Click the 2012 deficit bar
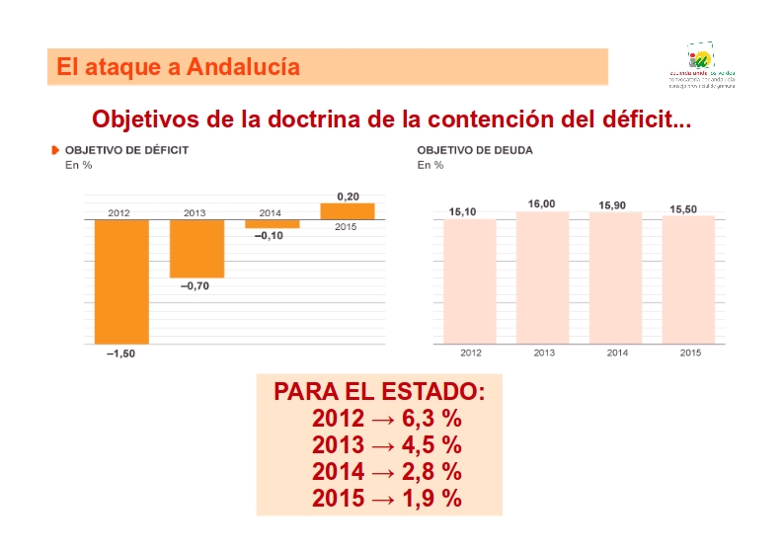(121, 281)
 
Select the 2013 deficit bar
(196, 248)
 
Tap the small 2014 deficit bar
(271, 224)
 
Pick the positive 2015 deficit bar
(347, 210)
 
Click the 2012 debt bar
(469, 281)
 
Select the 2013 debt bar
(542, 277)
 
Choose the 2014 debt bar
(615, 278)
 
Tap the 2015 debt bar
(687, 279)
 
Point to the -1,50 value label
(120, 355)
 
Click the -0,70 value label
(195, 286)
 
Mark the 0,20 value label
(348, 197)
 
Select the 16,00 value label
(541, 203)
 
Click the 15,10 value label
(463, 211)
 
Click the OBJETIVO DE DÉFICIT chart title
(126, 150)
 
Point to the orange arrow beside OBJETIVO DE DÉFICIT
(56, 150)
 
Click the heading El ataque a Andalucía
(179, 67)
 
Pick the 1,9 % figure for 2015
(431, 499)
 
